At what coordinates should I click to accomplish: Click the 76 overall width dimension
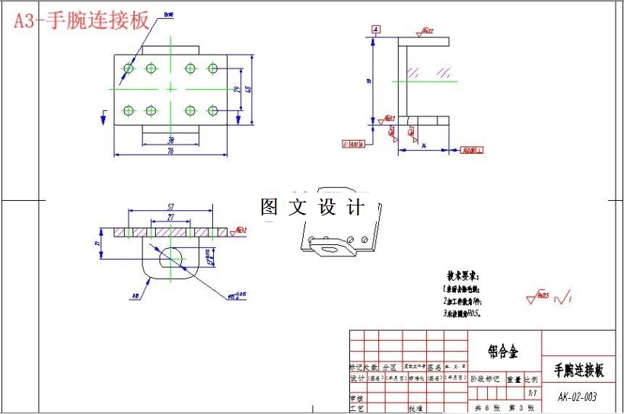(x=170, y=151)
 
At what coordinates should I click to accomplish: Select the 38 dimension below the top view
(x=170, y=140)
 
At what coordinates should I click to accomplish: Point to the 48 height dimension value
(x=247, y=90)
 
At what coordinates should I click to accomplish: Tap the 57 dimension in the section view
(x=170, y=206)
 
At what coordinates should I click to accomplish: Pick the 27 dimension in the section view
(x=170, y=217)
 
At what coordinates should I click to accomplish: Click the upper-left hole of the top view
(x=129, y=68)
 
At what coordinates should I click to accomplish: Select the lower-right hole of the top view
(x=212, y=111)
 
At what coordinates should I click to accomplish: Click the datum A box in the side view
(x=375, y=29)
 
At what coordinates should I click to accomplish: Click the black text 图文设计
(x=312, y=207)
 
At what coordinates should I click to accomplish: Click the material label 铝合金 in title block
(x=503, y=352)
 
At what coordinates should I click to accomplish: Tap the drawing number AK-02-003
(x=577, y=396)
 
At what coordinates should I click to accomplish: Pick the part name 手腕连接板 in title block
(x=578, y=371)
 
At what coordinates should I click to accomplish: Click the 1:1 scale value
(x=532, y=393)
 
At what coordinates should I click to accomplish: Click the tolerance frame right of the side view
(x=472, y=150)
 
